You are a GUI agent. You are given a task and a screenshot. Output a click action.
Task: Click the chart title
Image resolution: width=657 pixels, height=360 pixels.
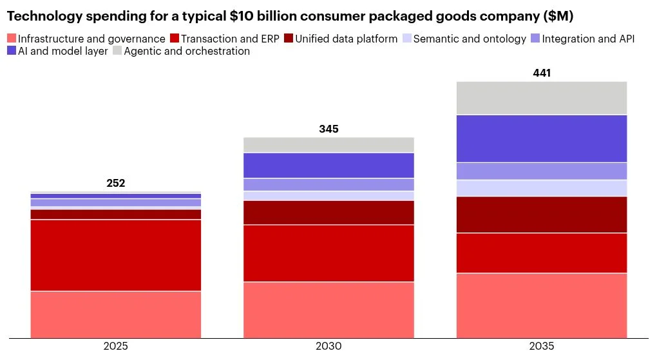[x=290, y=16]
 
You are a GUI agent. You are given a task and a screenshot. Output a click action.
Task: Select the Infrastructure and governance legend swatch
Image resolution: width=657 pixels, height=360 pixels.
[x=12, y=39]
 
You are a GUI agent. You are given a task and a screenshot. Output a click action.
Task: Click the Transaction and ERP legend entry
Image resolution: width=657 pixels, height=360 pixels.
[x=225, y=39]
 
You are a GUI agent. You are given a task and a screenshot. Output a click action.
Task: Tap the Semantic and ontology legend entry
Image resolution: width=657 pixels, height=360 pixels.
[x=464, y=39]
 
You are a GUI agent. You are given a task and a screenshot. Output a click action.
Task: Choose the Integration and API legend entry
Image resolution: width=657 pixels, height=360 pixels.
[x=583, y=39]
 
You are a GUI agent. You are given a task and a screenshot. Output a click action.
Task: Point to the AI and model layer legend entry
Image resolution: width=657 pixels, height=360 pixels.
[x=57, y=51]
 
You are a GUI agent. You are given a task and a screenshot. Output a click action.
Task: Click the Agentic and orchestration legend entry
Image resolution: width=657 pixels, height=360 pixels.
[x=182, y=51]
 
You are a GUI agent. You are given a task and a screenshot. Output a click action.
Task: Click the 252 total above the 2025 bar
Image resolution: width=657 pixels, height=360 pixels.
[x=116, y=183]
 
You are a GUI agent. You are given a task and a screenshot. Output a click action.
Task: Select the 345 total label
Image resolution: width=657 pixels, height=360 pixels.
[x=328, y=129]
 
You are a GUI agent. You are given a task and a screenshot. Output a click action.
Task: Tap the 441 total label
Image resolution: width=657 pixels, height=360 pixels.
[x=541, y=73]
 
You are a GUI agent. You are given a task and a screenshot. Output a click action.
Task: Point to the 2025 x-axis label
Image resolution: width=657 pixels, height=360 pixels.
[x=116, y=346]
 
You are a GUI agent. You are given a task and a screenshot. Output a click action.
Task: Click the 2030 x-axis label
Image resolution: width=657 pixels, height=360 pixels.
[x=328, y=346]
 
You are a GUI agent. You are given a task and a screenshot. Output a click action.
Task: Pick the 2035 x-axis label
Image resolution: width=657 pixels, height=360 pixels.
[x=541, y=346]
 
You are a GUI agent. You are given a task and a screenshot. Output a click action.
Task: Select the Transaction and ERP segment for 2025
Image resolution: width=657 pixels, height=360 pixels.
[x=116, y=255]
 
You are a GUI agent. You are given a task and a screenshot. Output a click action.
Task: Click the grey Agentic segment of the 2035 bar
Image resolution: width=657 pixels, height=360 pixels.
[x=541, y=98]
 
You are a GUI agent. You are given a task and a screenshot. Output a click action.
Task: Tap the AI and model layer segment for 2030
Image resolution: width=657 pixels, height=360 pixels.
[x=328, y=166]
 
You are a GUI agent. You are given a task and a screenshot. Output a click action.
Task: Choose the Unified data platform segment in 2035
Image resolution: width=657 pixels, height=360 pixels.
[x=541, y=214]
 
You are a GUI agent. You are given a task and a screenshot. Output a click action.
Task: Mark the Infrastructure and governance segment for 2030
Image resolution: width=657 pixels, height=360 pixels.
[x=328, y=310]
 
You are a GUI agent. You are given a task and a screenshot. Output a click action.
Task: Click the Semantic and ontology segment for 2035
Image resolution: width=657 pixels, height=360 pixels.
[x=541, y=188]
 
